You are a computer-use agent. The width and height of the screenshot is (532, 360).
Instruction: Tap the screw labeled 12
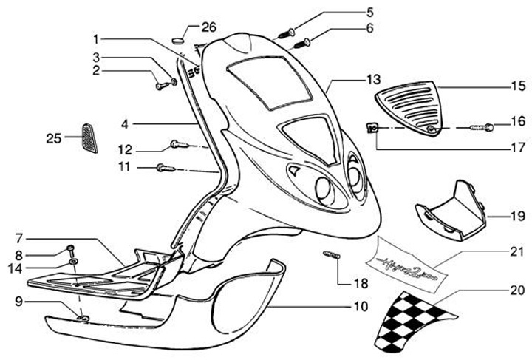tap(179, 143)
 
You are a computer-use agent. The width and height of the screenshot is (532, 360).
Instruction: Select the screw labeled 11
tap(166, 168)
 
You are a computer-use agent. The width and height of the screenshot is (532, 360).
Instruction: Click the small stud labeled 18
tap(331, 256)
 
